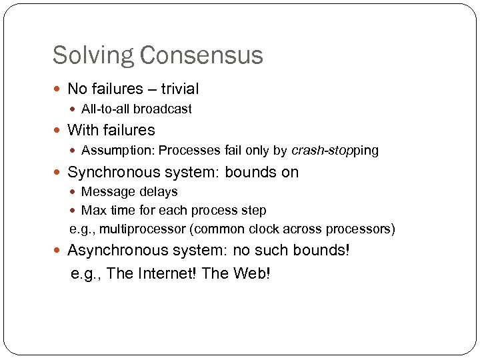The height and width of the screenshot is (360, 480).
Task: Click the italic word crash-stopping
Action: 335,150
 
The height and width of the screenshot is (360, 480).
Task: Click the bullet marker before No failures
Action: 59,89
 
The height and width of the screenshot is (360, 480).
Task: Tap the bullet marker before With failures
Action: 59,131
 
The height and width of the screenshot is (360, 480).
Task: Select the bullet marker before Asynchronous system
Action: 59,251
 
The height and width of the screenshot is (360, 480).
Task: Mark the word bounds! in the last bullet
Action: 320,251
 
